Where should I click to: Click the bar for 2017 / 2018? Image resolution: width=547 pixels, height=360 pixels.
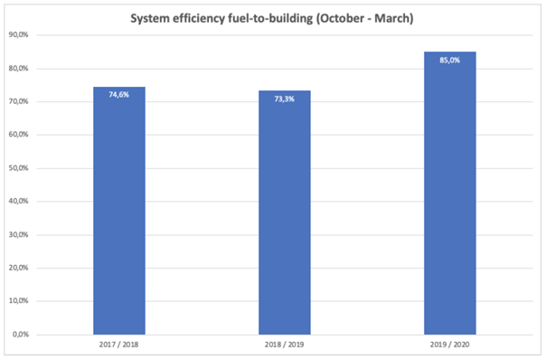119,211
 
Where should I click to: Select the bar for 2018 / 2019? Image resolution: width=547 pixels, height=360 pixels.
285,213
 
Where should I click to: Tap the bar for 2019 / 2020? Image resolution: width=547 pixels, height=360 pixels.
450,194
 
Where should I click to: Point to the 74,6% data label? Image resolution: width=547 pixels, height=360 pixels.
119,95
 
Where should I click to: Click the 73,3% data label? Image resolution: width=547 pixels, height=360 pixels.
284,99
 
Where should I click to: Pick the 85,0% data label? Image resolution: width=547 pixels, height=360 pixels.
449,61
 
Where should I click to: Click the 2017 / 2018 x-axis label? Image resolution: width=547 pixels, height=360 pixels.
119,345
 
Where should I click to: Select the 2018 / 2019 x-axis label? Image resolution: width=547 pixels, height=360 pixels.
284,345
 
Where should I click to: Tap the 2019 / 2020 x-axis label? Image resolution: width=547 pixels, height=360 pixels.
449,345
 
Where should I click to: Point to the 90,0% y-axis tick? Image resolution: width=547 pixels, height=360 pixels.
18,35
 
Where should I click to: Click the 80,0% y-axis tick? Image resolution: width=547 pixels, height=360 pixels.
18,69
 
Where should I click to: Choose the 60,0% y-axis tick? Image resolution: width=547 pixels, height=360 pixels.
18,135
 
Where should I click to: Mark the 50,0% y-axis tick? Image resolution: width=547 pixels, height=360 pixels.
18,168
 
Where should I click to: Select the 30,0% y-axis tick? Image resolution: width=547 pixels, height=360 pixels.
18,235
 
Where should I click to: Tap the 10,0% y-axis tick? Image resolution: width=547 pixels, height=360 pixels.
18,301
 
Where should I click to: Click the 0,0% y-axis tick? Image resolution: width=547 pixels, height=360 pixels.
21,335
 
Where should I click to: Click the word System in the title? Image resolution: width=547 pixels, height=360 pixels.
150,18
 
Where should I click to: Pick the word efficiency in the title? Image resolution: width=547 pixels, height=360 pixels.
199,18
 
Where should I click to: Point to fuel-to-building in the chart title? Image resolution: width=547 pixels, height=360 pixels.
270,18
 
